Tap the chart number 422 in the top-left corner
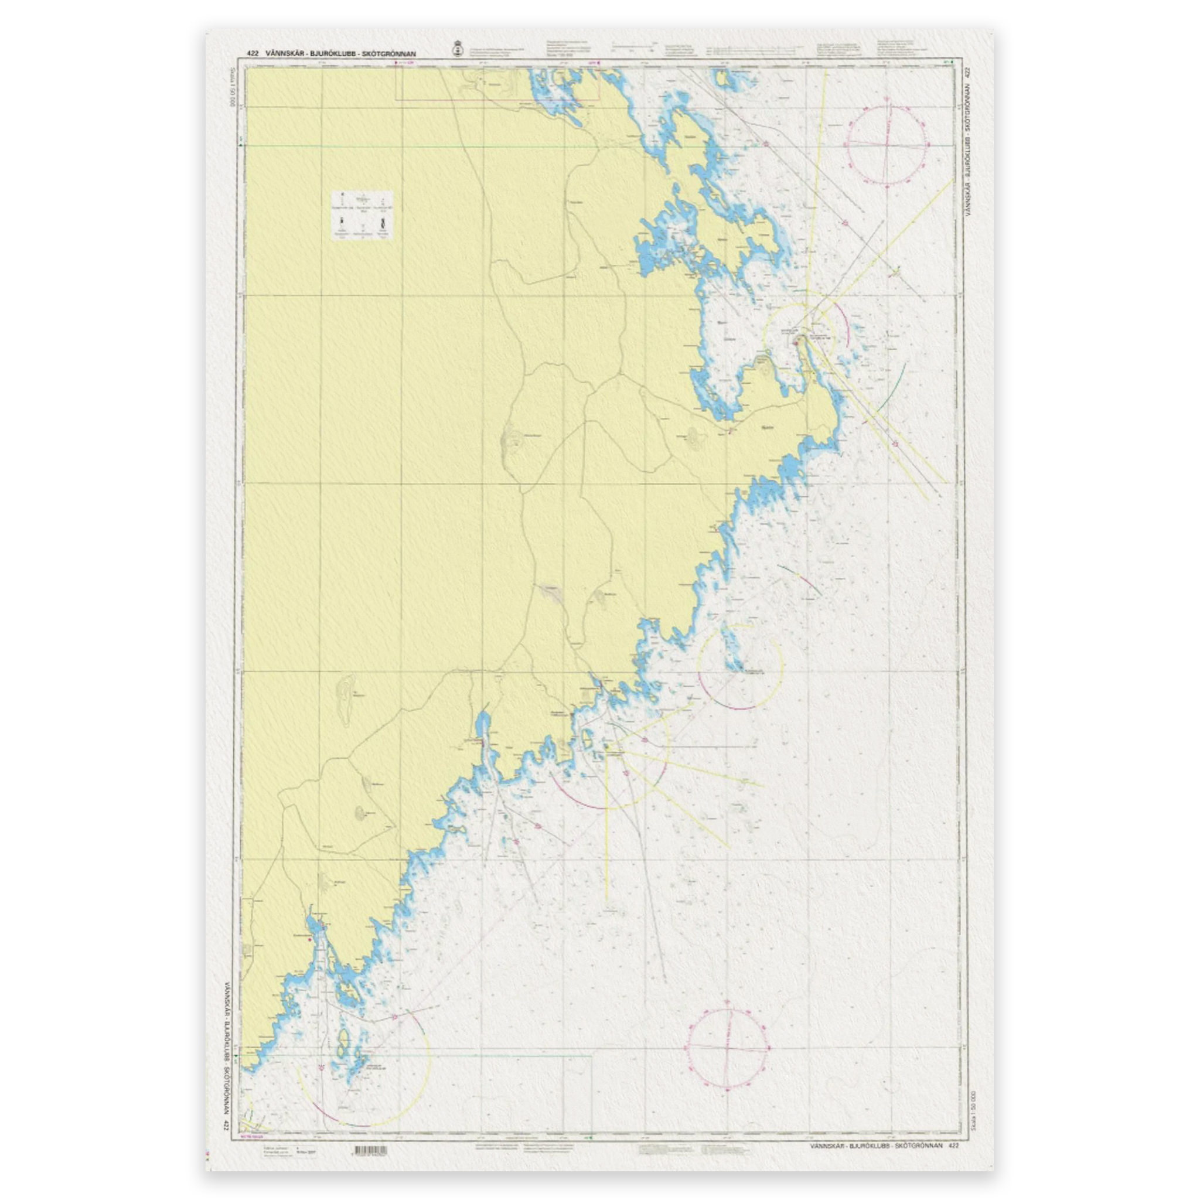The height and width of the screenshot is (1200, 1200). (252, 53)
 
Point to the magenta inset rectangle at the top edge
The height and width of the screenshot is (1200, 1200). (497, 83)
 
